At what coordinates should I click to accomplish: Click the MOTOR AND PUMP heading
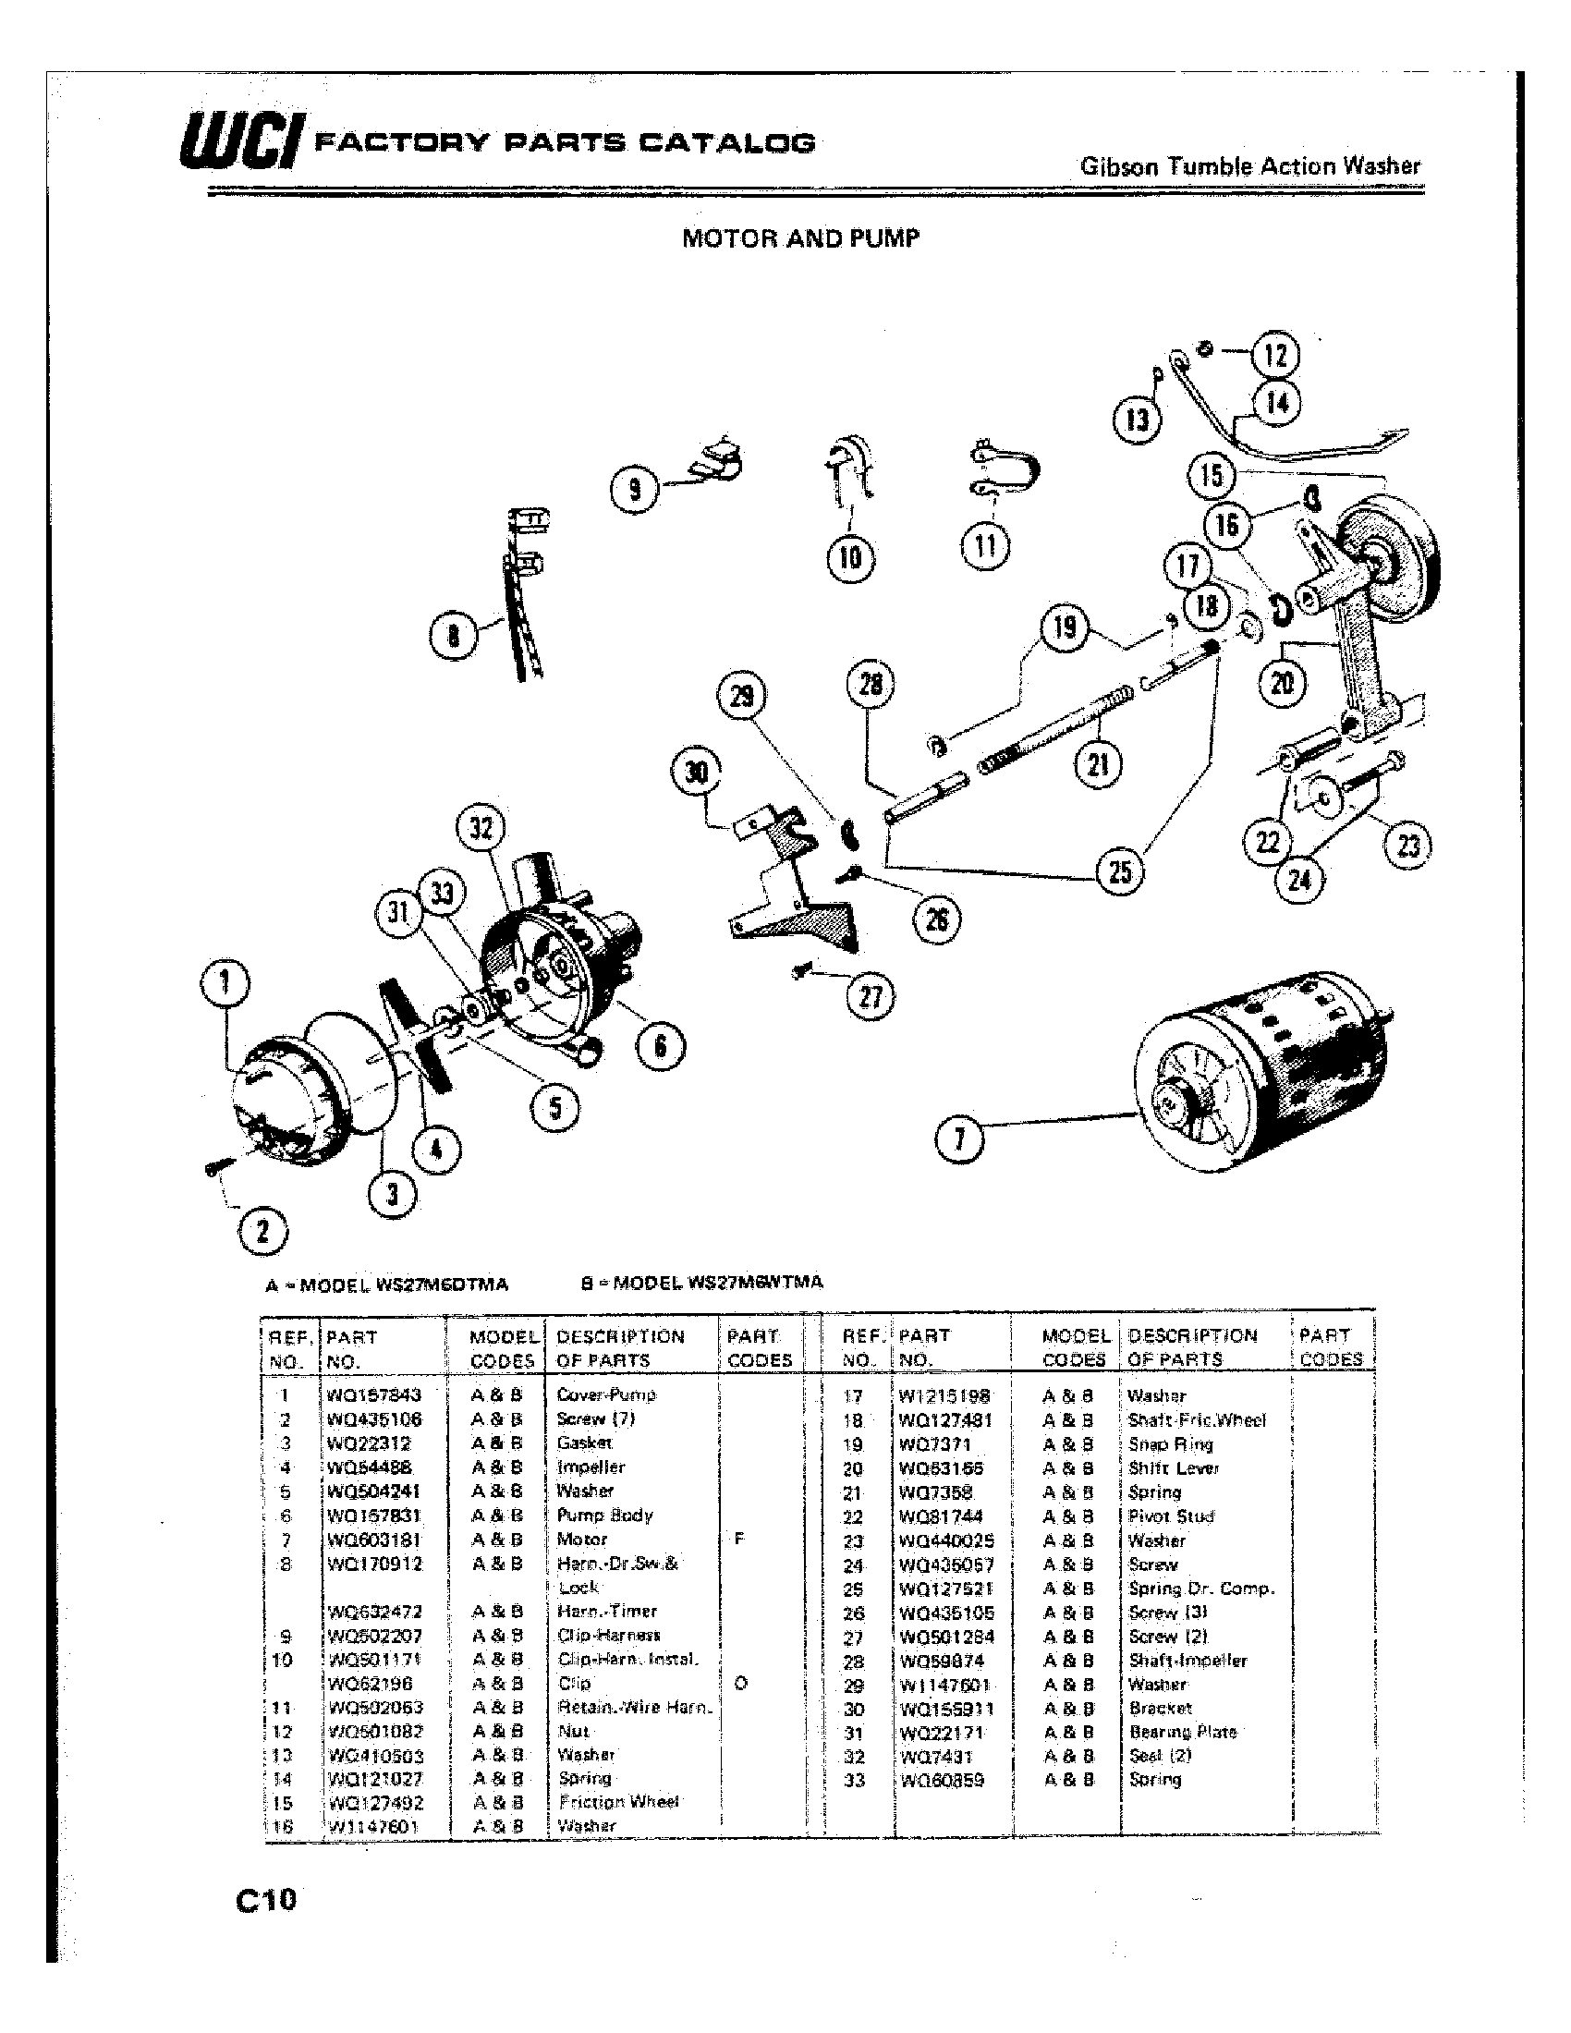click(800, 238)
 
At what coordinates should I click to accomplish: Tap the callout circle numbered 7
click(958, 1140)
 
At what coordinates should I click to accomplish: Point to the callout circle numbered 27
click(871, 997)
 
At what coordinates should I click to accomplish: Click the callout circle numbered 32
click(481, 828)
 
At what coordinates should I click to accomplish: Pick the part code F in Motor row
click(739, 1539)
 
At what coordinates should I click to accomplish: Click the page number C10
click(266, 1898)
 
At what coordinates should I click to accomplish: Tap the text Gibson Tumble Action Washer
click(1250, 166)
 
